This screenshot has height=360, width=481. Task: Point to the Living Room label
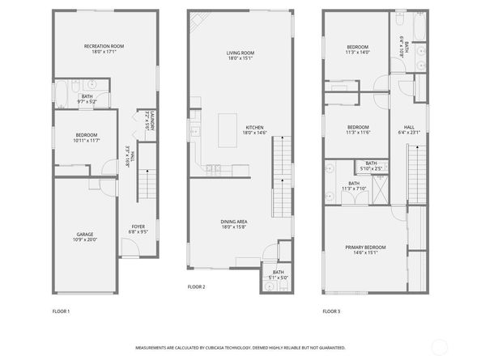pos(240,55)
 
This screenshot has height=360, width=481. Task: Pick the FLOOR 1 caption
pos(61,311)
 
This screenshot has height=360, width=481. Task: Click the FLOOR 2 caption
pos(196,286)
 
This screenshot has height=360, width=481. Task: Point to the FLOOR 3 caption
pos(331,311)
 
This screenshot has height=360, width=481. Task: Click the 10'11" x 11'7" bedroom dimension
pos(87,141)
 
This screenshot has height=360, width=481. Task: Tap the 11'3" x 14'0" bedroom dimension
pos(358,53)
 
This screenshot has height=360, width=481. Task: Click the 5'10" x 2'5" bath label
pos(370,168)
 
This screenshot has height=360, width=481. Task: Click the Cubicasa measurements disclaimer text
pos(240,346)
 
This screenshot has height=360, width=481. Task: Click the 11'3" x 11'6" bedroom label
pos(358,132)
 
